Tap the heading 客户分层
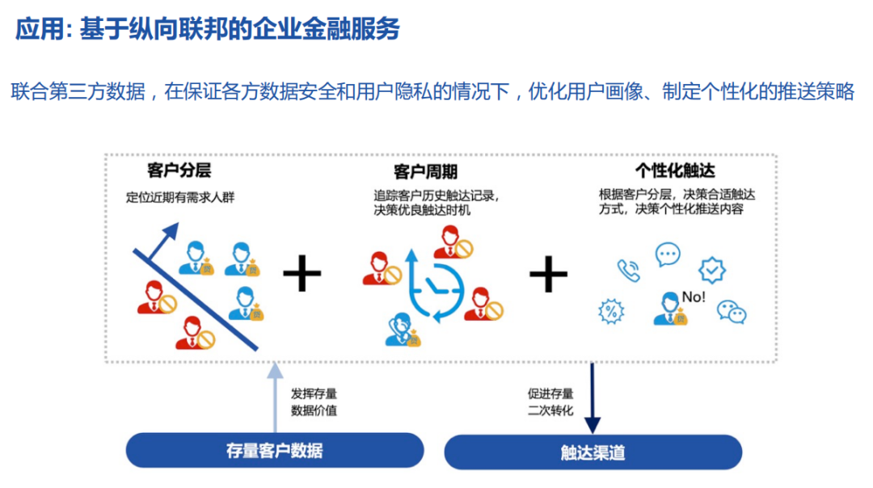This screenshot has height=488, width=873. click(179, 170)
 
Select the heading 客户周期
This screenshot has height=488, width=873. click(425, 171)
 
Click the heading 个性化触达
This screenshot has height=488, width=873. click(676, 170)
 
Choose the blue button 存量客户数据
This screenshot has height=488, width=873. click(275, 450)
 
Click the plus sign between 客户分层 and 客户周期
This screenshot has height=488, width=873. click(302, 275)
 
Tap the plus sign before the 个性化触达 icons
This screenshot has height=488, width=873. click(549, 275)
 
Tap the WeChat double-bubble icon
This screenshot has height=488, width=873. click(732, 311)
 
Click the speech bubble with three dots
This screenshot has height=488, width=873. click(668, 255)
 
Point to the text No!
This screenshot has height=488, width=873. click(694, 297)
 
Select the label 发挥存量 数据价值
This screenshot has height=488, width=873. click(314, 402)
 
